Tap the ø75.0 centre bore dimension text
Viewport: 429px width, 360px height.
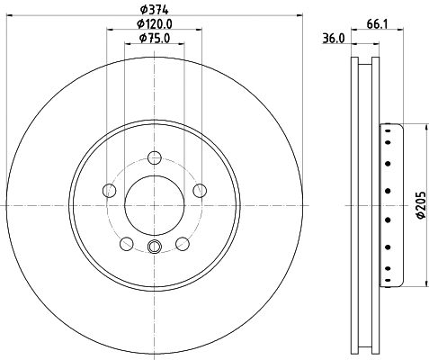click(x=154, y=40)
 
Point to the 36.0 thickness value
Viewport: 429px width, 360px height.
click(x=334, y=38)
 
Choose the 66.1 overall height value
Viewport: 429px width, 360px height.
click(x=378, y=24)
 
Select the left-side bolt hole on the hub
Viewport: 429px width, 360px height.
click(x=110, y=190)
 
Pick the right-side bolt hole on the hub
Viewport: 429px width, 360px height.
click(x=198, y=190)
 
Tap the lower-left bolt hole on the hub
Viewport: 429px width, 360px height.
click(x=126, y=243)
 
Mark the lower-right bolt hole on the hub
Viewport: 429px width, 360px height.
click(x=182, y=243)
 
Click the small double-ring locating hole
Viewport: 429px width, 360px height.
click(x=154, y=249)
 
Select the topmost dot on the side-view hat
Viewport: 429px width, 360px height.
click(x=389, y=130)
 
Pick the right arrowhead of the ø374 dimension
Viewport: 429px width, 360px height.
click(x=299, y=15)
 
